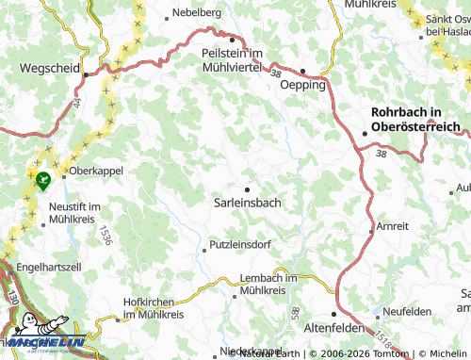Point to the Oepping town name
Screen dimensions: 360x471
point(303,85)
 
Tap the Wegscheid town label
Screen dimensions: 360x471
point(45,69)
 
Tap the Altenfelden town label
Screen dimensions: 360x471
point(335,326)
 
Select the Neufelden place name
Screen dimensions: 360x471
point(407,310)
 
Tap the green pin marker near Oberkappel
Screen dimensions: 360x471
point(41,178)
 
